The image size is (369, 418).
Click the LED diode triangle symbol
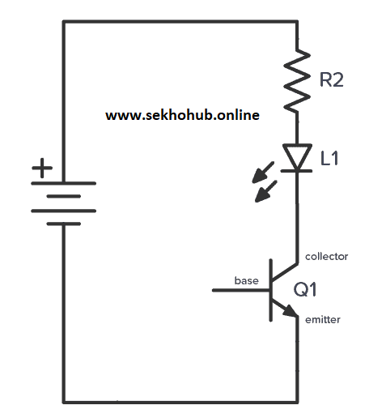298,157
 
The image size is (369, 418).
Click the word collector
326,256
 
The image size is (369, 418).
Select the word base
246,281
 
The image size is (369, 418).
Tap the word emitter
323,319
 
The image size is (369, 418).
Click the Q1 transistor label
307,288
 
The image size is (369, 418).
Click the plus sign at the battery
41,169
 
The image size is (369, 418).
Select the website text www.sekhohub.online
182,115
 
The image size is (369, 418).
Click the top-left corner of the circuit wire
63,21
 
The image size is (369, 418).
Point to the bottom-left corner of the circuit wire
63,400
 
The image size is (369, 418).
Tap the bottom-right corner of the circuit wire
298,400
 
